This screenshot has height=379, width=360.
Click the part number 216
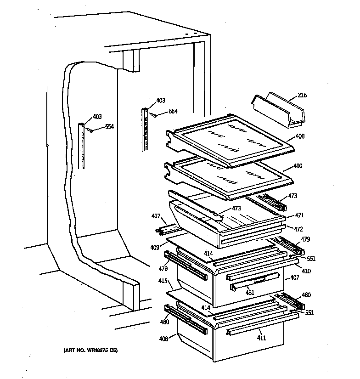click(x=302, y=95)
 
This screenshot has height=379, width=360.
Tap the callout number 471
click(x=299, y=215)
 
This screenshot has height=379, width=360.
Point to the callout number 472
click(x=299, y=228)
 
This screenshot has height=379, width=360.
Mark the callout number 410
click(x=306, y=271)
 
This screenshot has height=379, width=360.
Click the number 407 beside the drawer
click(x=294, y=278)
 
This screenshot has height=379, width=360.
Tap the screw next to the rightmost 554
click(x=155, y=115)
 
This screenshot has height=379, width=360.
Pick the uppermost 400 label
click(x=299, y=136)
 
